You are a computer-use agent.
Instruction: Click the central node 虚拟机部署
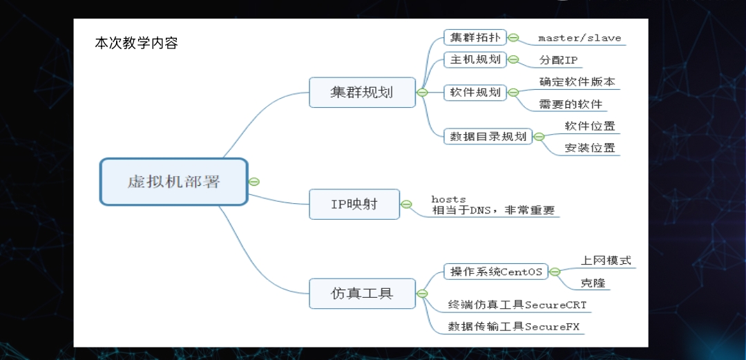[x=173, y=182]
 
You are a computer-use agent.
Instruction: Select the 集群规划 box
[x=362, y=93]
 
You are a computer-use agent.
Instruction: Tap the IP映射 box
[x=354, y=205]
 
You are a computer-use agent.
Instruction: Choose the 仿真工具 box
[x=362, y=294]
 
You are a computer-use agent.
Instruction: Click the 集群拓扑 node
[x=475, y=37]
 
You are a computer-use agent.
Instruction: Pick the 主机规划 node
[x=475, y=59]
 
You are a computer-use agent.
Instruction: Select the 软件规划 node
[x=475, y=93]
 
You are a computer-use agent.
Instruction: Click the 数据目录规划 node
[x=488, y=137]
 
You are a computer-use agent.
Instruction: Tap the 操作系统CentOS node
[x=496, y=272]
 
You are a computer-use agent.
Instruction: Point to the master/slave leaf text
[x=580, y=37]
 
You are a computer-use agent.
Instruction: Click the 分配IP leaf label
[x=557, y=61]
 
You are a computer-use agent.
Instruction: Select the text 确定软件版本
[x=577, y=82]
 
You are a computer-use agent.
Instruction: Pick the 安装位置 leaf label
[x=590, y=148]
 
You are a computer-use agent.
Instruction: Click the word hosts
[x=449, y=199]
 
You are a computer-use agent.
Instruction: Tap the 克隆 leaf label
[x=593, y=283]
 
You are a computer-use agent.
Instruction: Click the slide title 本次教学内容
[x=137, y=44]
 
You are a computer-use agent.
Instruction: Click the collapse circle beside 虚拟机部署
[x=254, y=182]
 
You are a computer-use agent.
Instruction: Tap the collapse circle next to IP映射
[x=406, y=205]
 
